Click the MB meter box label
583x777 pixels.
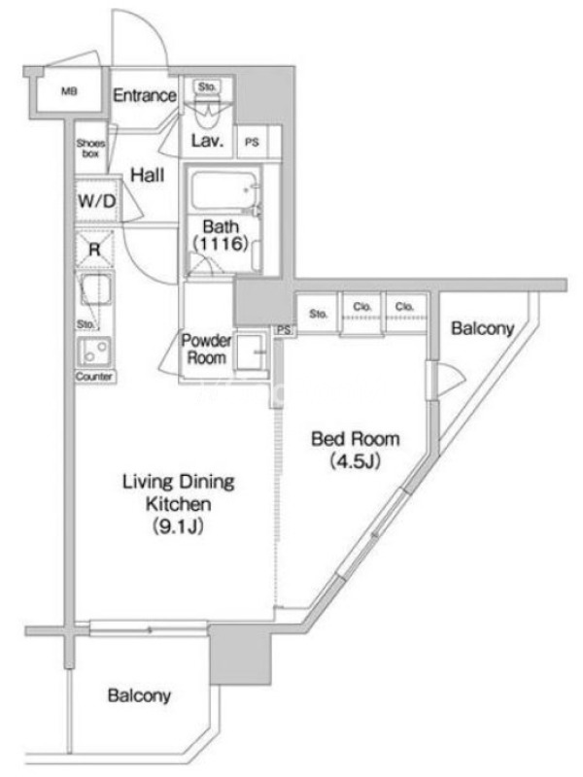[x=69, y=91]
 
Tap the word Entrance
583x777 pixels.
[x=144, y=95]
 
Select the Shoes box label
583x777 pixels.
[x=90, y=149]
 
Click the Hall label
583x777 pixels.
[x=148, y=175]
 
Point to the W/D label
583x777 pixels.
[x=96, y=201]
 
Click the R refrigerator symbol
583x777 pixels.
[x=94, y=250]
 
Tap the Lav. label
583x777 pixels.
[x=207, y=141]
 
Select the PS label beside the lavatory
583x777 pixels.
[x=252, y=142]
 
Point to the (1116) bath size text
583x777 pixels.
[x=221, y=244]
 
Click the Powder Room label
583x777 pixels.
[x=206, y=350]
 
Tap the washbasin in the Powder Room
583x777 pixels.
[x=251, y=353]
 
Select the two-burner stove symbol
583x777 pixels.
[x=94, y=352]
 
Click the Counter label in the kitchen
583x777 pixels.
[x=94, y=377]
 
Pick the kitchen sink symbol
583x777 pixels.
[x=95, y=289]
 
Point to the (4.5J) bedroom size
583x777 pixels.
[x=355, y=462]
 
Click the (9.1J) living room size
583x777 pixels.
[x=178, y=526]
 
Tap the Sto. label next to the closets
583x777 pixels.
[x=319, y=314]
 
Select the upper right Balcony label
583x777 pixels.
[x=482, y=328]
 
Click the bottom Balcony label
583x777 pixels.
[x=139, y=695]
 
